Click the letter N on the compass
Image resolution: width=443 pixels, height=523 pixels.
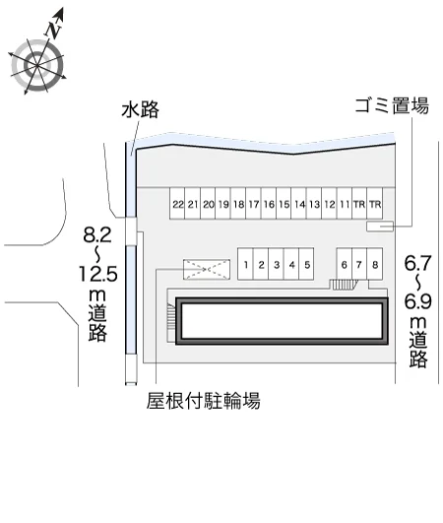tap(54, 30)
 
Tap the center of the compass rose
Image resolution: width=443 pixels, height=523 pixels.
tap(36, 65)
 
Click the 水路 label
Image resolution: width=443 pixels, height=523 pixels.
tap(140, 109)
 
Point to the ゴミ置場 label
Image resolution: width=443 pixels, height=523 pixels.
tap(392, 105)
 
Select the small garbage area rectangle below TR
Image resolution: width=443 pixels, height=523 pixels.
tap(380, 226)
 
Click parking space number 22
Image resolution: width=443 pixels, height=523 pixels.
tap(177, 204)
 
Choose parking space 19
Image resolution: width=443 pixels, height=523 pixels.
tap(223, 204)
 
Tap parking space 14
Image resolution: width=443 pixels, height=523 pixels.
tap(299, 204)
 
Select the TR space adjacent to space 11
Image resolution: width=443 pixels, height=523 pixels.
tap(359, 204)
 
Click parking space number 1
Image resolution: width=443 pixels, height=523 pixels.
tap(245, 264)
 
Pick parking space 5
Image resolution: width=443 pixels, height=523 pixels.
tap(307, 264)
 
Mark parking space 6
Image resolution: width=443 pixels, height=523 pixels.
tap(344, 264)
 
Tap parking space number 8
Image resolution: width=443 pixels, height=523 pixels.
tap(375, 264)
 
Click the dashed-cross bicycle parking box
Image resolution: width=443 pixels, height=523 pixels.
tap(207, 269)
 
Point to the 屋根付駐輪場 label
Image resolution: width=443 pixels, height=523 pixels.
tap(203, 400)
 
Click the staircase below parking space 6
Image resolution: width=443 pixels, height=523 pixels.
tap(343, 285)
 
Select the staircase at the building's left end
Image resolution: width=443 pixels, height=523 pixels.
tap(170, 318)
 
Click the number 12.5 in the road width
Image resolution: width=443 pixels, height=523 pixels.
tap(98, 274)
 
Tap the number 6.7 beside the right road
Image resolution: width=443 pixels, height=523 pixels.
tap(417, 263)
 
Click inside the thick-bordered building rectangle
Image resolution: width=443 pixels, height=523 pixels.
tap(282, 321)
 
